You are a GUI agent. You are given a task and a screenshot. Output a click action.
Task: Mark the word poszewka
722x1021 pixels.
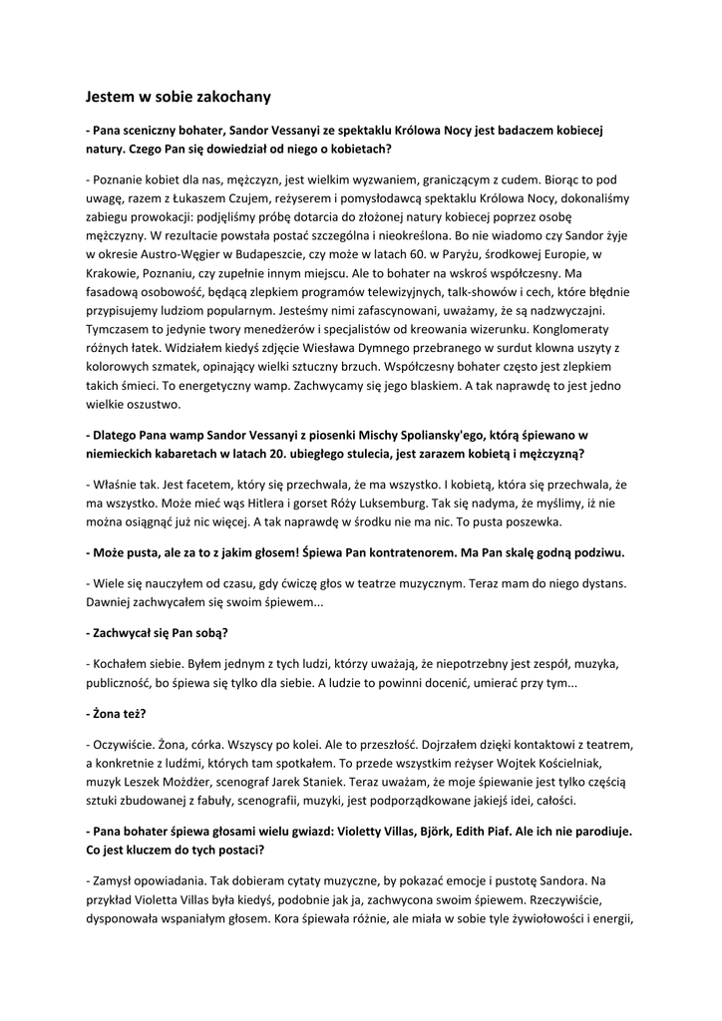[x=533, y=520]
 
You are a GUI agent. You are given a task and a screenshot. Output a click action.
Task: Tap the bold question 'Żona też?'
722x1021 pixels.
[x=116, y=714]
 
